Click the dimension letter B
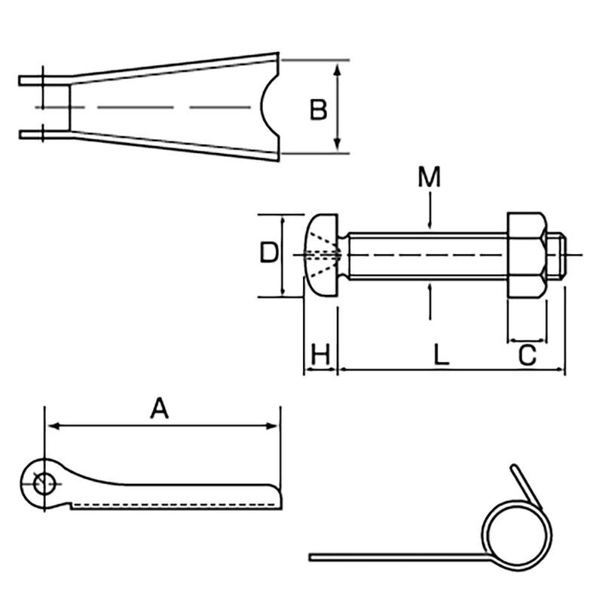coord(318,110)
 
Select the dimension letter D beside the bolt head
coord(269,253)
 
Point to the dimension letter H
coord(321,354)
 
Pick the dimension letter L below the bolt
coord(442,354)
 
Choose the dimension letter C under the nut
coord(528,354)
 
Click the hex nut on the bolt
coord(526,256)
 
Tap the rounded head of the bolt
coord(321,256)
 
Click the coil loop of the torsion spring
coord(512,531)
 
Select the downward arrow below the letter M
coord(429,222)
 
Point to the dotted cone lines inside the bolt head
coord(323,256)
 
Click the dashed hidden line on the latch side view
coord(173,504)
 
